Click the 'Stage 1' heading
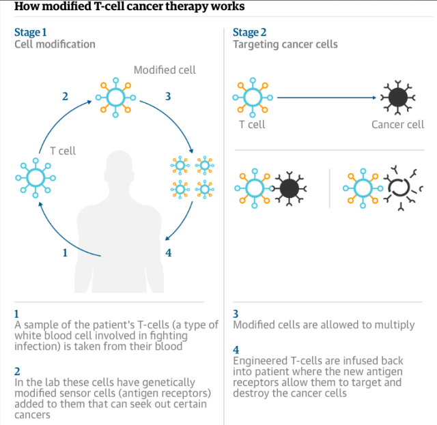pyautogui.click(x=31, y=32)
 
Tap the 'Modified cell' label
pyautogui.click(x=165, y=70)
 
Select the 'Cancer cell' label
pyautogui.click(x=397, y=124)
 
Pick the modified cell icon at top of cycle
pyautogui.click(x=115, y=97)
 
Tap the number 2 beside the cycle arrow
pyautogui.click(x=65, y=96)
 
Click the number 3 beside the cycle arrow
pyautogui.click(x=168, y=96)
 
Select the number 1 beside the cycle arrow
pyautogui.click(x=65, y=252)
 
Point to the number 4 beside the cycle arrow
pyautogui.click(x=168, y=252)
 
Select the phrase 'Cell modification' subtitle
pyautogui.click(x=55, y=44)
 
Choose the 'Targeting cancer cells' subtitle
pyautogui.click(x=285, y=44)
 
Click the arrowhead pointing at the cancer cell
pyautogui.click(x=373, y=98)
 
